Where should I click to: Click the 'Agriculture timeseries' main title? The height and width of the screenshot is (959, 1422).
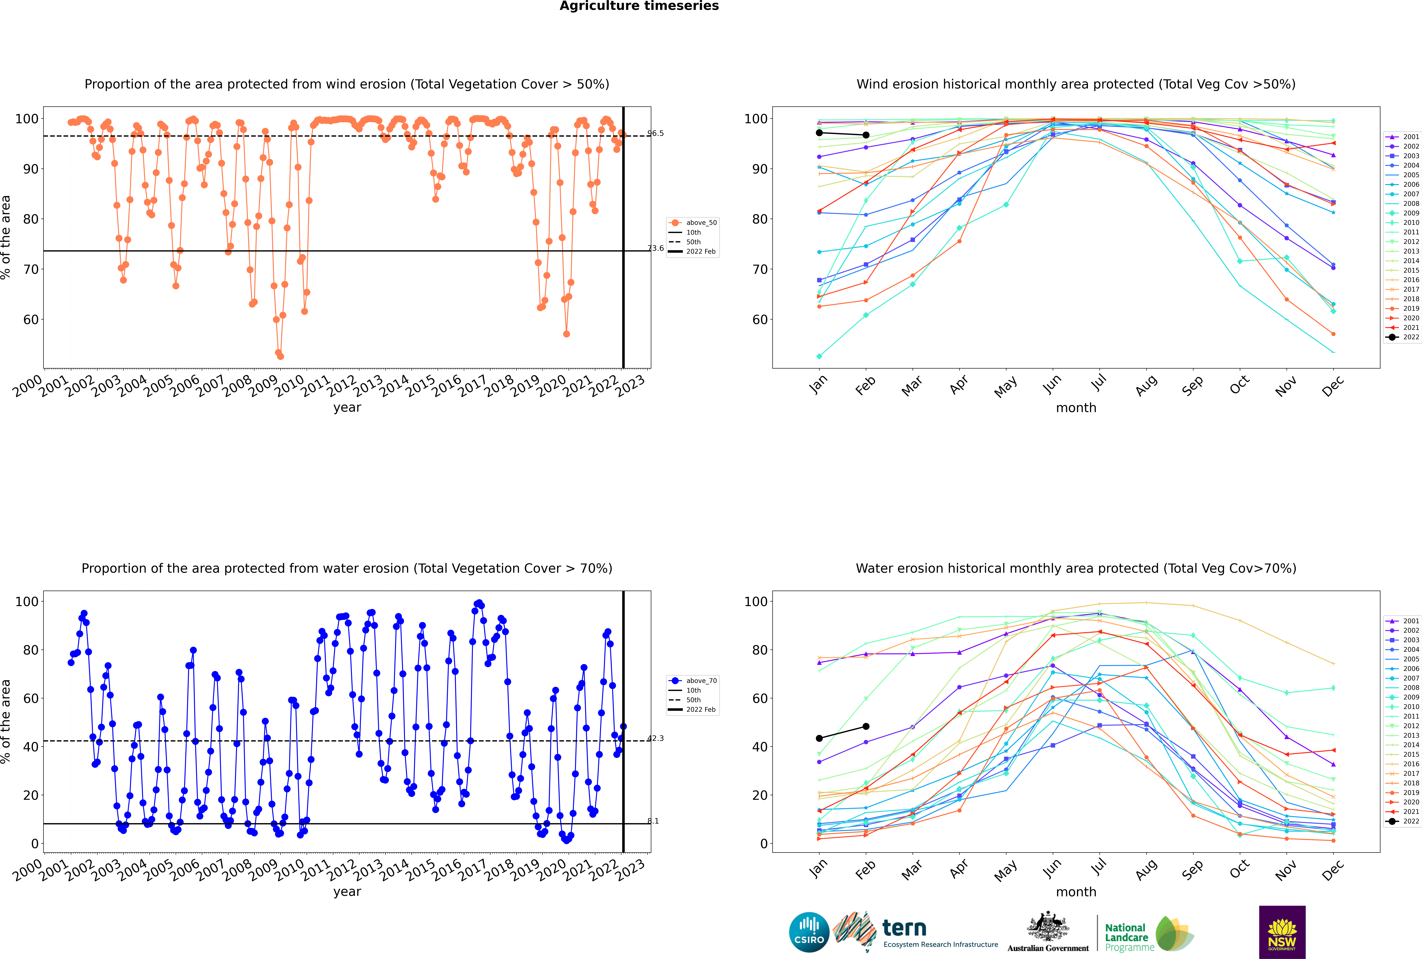point(639,6)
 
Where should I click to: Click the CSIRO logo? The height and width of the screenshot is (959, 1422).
point(809,932)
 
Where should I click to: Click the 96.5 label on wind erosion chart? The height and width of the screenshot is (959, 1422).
point(655,133)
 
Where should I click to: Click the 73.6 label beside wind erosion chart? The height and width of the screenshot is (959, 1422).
point(655,248)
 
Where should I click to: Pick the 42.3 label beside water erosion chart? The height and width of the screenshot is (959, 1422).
point(655,738)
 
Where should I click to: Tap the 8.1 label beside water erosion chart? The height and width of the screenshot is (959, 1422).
point(653,821)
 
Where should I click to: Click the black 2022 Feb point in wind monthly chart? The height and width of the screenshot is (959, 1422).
point(866,135)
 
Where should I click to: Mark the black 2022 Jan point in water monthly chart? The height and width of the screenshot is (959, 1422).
point(819,738)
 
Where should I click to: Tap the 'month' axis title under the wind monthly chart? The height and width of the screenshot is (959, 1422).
point(1076,408)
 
